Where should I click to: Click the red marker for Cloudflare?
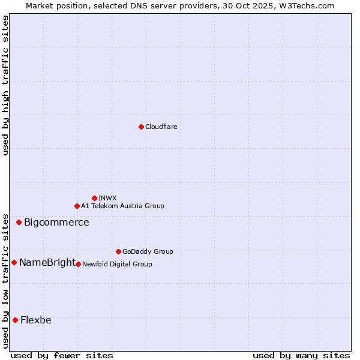pos(141,127)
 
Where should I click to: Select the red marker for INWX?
pos(94,198)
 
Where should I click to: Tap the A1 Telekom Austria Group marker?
pos(77,206)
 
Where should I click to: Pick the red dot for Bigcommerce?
pos(19,222)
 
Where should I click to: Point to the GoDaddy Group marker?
pos(118,251)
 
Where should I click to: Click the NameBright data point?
pos(14,262)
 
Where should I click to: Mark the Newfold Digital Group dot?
pos(78,264)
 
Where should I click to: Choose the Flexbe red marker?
pos(15,320)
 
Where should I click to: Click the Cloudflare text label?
pos(161,127)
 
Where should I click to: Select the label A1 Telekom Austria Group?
pos(122,206)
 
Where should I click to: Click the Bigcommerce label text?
pos(56,223)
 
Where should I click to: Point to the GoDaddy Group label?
pos(147,251)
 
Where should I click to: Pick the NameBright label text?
pos(47,263)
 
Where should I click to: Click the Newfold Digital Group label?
pos(117,264)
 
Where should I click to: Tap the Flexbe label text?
pos(36,320)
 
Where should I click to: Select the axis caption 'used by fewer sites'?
pos(62,355)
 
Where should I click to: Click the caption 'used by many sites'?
pos(301,355)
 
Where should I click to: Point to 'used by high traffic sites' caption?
pos(5,85)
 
